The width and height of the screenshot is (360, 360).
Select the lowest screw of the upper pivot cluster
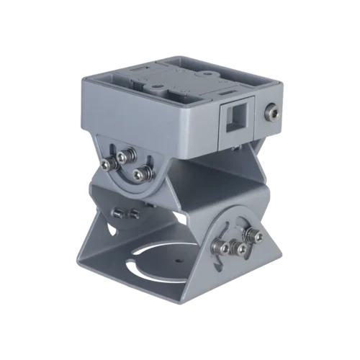click(143, 172)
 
